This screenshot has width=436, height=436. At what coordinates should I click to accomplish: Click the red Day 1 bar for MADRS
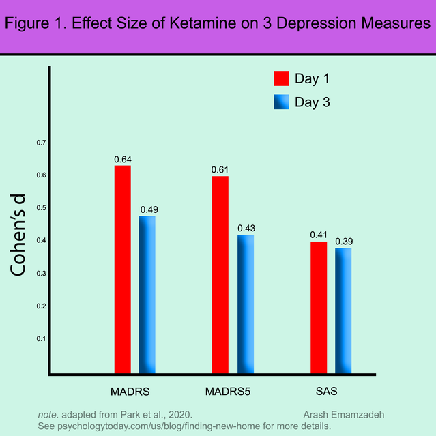(123, 270)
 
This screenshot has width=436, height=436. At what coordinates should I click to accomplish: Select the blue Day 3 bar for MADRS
(147, 295)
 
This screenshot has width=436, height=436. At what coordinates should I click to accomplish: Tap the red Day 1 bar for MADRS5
(220, 275)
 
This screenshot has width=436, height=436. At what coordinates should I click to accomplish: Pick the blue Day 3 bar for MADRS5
(246, 304)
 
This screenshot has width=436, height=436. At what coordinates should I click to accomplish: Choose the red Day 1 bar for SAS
(319, 308)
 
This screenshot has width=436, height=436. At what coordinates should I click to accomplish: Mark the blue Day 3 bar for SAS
(343, 311)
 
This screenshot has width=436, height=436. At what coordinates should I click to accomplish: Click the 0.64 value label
(123, 160)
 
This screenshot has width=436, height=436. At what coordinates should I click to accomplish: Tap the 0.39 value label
(344, 242)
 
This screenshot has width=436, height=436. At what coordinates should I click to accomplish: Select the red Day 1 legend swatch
(282, 78)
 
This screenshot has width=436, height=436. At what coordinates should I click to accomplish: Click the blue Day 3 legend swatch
(282, 102)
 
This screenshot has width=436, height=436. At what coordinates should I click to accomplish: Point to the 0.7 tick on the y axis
(42, 143)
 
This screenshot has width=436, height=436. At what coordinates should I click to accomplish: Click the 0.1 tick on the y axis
(42, 339)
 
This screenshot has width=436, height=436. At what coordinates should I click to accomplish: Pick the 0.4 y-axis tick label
(42, 240)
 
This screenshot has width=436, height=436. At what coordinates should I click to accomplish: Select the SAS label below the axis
(327, 393)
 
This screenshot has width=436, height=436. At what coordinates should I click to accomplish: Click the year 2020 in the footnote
(180, 415)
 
